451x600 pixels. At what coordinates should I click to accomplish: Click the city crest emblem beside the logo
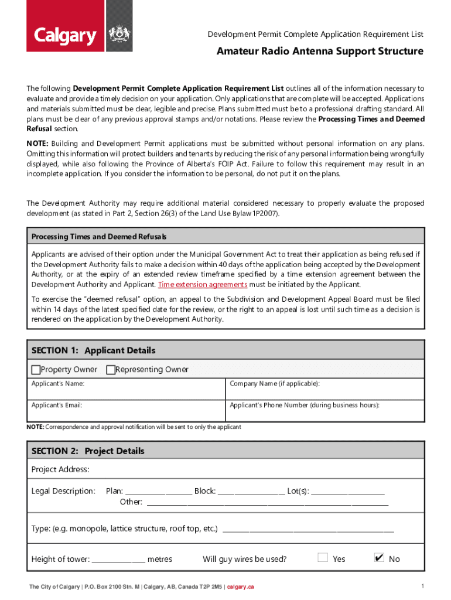[x=119, y=36]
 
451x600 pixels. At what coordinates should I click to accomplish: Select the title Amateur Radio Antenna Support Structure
[x=320, y=51]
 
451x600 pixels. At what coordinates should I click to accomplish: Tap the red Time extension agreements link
[x=203, y=284]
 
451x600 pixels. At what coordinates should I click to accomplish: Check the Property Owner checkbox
[x=36, y=370]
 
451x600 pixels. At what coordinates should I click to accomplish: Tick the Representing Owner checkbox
[x=111, y=370]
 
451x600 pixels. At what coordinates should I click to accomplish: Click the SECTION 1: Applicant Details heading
[x=93, y=350]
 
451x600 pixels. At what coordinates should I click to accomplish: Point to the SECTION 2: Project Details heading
[x=88, y=451]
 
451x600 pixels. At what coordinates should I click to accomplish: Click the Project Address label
[x=60, y=469]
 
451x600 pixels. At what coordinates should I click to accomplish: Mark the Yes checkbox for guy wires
[x=322, y=558]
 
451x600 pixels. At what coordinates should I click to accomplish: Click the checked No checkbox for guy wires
[x=379, y=558]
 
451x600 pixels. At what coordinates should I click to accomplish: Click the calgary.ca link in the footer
[x=241, y=587]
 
